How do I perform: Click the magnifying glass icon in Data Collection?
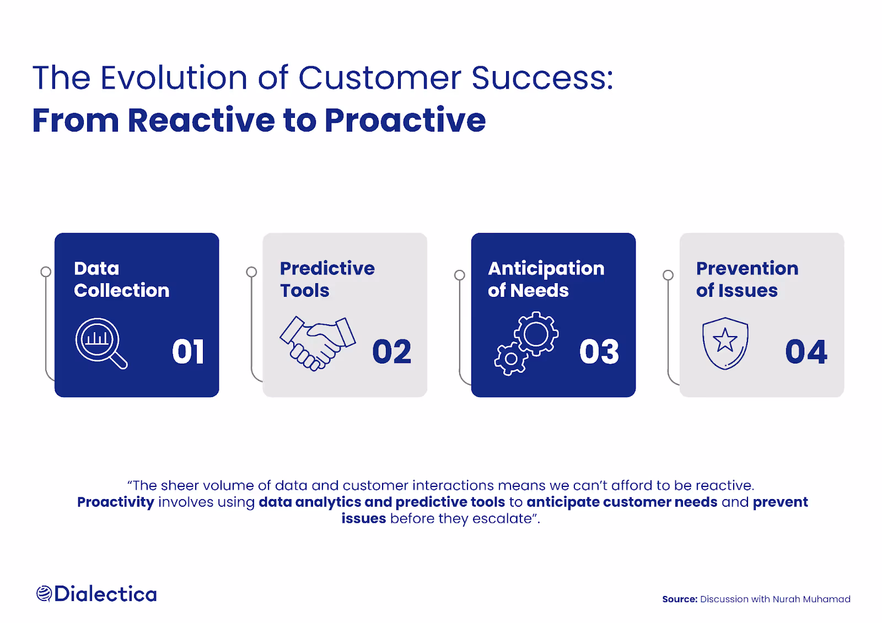(101, 343)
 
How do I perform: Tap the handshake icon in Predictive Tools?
(318, 344)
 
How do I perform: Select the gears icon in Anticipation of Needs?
(526, 343)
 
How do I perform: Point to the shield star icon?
(725, 343)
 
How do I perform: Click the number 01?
(188, 351)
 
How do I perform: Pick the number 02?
(392, 351)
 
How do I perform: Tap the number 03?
(599, 351)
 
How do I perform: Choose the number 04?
(806, 351)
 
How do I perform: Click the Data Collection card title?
(122, 279)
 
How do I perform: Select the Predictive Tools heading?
(327, 279)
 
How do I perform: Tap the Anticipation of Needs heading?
(546, 279)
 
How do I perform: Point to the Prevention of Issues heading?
(747, 279)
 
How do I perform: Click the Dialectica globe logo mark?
(44, 594)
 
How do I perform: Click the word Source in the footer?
(680, 599)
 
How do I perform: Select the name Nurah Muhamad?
(811, 599)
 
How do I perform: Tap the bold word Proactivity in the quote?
(115, 502)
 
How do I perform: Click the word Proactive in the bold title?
(405, 120)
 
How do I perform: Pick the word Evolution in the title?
(174, 78)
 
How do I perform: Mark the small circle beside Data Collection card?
(46, 272)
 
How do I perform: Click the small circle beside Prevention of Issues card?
(668, 275)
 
